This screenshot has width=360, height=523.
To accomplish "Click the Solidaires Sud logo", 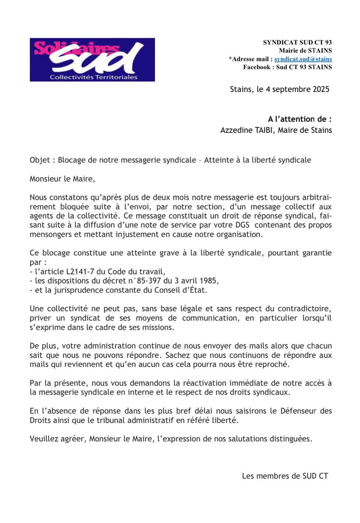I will [92, 59].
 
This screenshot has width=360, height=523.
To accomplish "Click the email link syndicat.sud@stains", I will [303, 59].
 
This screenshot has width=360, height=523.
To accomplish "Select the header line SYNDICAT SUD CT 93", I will [297, 42].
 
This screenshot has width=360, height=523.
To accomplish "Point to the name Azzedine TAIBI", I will [247, 130].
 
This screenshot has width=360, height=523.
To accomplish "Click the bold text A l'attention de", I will [299, 119].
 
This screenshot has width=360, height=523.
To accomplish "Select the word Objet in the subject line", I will [40, 160].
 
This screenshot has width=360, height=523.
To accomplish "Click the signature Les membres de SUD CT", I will [285, 476].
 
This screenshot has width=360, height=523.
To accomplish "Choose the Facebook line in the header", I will [287, 67].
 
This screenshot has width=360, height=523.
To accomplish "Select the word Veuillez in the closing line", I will [42, 439].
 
